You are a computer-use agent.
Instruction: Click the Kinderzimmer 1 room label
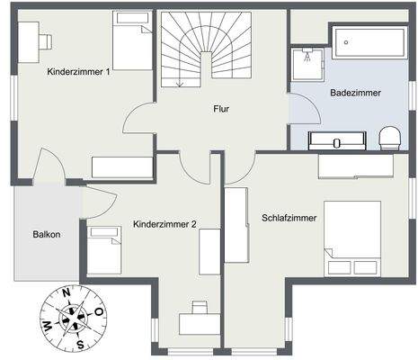pyautogui.click(x=78, y=71)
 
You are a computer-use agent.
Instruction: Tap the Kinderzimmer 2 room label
pyautogui.click(x=165, y=224)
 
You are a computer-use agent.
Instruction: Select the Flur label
pyautogui.click(x=220, y=108)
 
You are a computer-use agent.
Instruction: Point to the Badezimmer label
pyautogui.click(x=354, y=93)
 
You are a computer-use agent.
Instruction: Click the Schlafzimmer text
pyautogui.click(x=289, y=218)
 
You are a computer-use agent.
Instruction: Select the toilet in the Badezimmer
pyautogui.click(x=389, y=137)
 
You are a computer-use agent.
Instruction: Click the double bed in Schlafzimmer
pyautogui.click(x=352, y=237)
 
